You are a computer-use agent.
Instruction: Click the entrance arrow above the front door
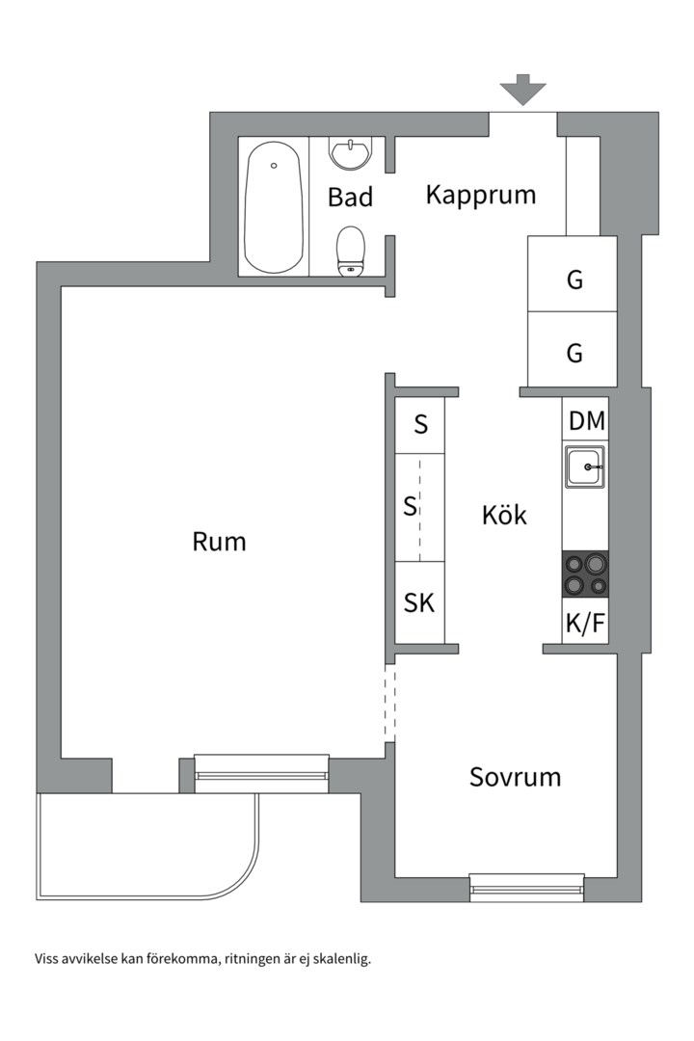click(522, 90)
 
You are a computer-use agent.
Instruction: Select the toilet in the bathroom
click(351, 252)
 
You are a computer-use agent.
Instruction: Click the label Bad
click(350, 198)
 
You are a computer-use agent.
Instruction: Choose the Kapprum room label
click(480, 195)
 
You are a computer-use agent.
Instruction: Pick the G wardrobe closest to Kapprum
click(574, 280)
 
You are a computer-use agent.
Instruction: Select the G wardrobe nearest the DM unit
click(574, 353)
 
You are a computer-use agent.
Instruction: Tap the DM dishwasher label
click(586, 421)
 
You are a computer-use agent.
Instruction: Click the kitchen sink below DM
click(585, 467)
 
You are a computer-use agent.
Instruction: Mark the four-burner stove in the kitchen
click(585, 574)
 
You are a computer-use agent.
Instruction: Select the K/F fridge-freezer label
click(585, 625)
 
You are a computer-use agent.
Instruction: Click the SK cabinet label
click(419, 603)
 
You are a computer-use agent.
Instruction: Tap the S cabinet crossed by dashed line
click(412, 506)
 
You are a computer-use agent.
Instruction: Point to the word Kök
click(504, 516)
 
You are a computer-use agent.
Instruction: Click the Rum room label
click(219, 542)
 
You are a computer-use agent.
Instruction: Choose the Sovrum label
click(515, 777)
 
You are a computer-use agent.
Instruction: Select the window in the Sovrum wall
click(526, 885)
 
